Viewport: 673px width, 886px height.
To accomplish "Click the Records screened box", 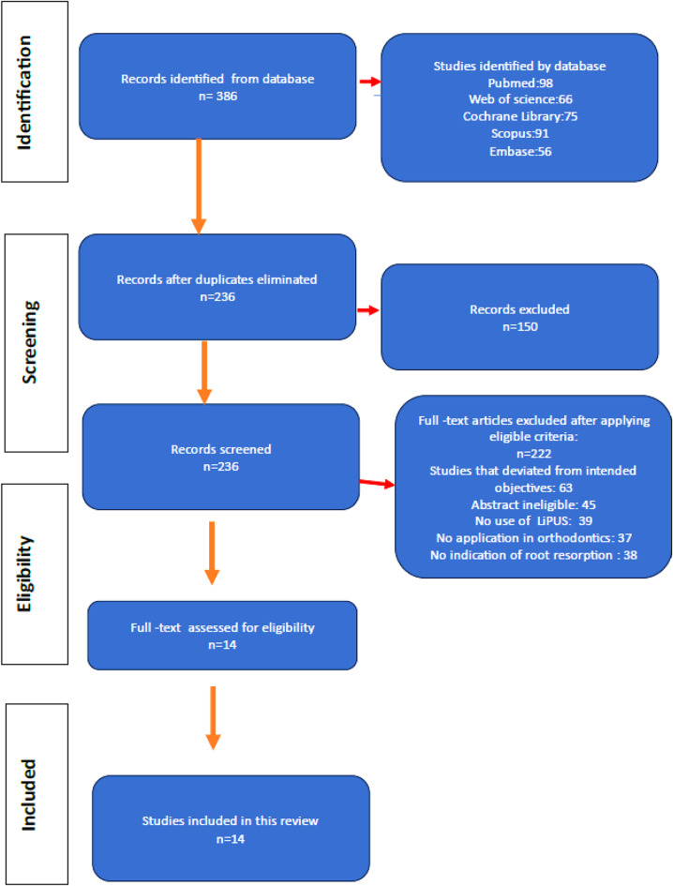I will pyautogui.click(x=220, y=457).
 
